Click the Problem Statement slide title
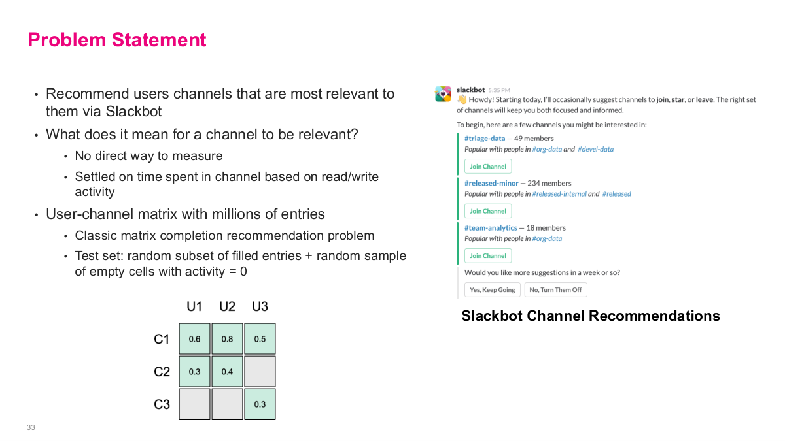click(117, 40)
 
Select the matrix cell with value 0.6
click(194, 339)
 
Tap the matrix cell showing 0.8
click(227, 339)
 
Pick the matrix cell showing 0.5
click(260, 339)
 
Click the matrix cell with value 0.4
click(227, 372)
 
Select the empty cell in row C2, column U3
click(260, 372)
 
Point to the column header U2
click(227, 306)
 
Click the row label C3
click(162, 404)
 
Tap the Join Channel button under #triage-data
click(488, 167)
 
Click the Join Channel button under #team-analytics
click(488, 256)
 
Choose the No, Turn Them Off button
click(555, 290)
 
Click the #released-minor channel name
click(491, 184)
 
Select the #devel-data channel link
click(595, 150)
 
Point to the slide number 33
click(31, 427)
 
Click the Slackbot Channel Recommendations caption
click(590, 316)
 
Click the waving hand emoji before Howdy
click(462, 100)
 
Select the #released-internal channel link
click(559, 194)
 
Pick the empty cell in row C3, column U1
click(194, 404)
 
